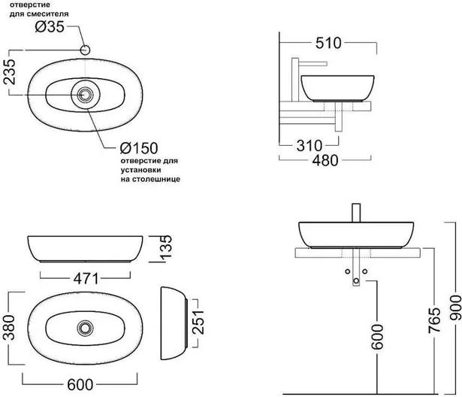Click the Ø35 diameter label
pyautogui.click(x=50, y=27)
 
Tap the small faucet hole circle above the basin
pyautogui.click(x=85, y=50)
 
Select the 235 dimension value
pyautogui.click(x=10, y=72)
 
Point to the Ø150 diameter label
pyautogui.click(x=139, y=148)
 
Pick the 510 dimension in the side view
pyautogui.click(x=328, y=44)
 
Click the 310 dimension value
pyautogui.click(x=310, y=146)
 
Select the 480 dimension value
pyautogui.click(x=325, y=160)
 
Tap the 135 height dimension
pyautogui.click(x=166, y=248)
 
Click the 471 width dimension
pyautogui.click(x=86, y=279)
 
